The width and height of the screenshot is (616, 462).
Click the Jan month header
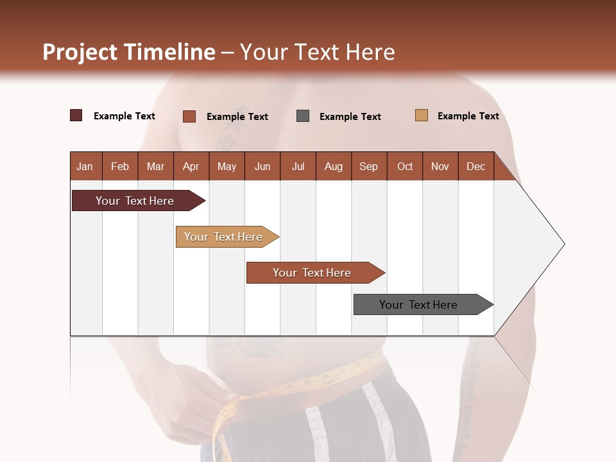click(85, 166)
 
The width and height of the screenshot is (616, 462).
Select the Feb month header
click(120, 166)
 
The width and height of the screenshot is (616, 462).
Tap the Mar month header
click(155, 166)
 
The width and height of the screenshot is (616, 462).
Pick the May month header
click(227, 166)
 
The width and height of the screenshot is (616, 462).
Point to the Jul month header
click(298, 166)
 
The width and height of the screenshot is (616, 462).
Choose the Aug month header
click(333, 166)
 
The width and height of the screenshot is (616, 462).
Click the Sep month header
click(368, 166)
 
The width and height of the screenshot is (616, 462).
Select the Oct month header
click(405, 166)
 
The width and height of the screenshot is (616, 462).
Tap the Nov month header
click(440, 166)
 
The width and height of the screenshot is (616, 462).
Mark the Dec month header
click(475, 166)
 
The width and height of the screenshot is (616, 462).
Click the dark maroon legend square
click(76, 116)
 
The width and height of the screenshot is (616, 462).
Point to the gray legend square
click(303, 116)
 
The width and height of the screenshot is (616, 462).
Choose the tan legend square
click(422, 116)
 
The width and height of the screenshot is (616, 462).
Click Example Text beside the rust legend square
click(237, 117)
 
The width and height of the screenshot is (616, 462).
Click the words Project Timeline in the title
click(129, 52)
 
